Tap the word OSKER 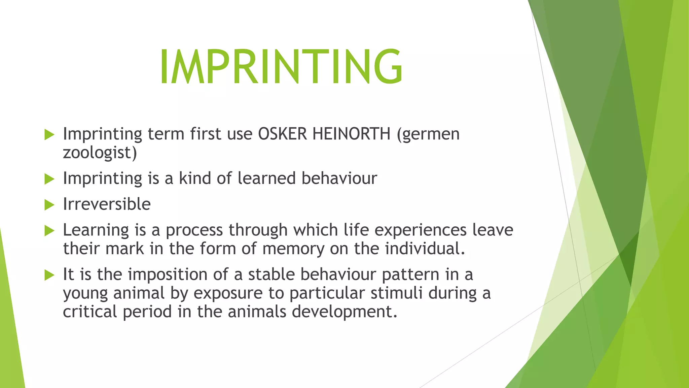click(x=282, y=134)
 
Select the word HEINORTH click(x=351, y=134)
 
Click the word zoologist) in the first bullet click(x=100, y=153)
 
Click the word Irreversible click(x=107, y=204)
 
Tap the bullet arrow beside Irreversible click(x=49, y=205)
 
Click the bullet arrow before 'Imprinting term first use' click(x=49, y=135)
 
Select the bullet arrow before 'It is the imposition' click(x=49, y=275)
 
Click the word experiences click(x=420, y=230)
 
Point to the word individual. click(x=425, y=249)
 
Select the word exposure click(x=228, y=293)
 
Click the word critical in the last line click(x=89, y=312)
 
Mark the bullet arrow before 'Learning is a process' click(x=49, y=231)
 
